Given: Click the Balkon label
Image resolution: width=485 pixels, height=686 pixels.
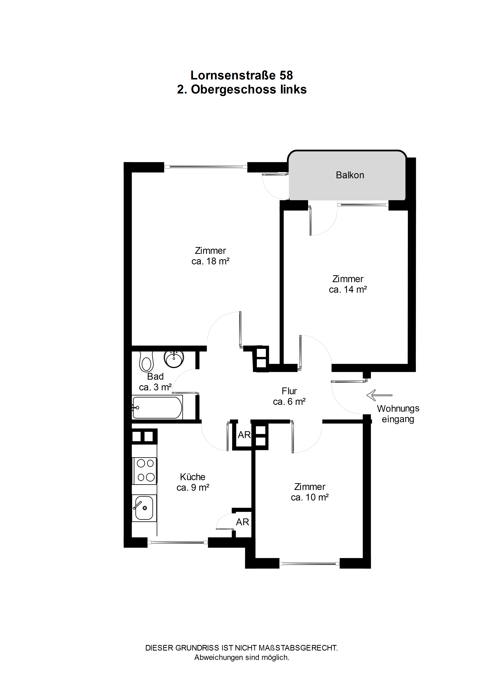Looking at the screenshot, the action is [350, 175].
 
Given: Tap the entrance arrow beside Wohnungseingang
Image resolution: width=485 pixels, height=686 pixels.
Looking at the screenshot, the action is [379, 395].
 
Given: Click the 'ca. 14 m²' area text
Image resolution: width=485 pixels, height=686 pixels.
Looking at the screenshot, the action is [348, 290].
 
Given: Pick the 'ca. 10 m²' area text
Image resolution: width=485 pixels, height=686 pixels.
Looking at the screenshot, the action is [310, 497].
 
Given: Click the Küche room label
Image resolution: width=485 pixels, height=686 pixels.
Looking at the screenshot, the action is [193, 476].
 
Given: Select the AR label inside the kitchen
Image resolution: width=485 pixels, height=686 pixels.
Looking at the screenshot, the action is [242, 522].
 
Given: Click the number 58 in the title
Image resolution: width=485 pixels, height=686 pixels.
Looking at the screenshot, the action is [286, 75].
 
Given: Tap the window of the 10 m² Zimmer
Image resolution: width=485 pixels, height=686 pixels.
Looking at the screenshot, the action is [309, 564].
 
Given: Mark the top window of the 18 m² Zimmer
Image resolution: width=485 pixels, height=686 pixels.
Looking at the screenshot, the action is [206, 167].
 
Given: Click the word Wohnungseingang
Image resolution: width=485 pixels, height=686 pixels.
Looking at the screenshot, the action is [398, 414].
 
